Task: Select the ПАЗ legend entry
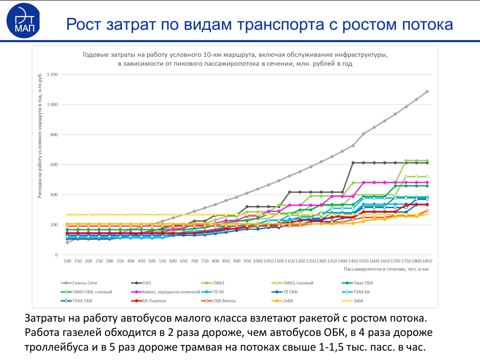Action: coord(147,283)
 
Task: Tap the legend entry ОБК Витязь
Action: coord(224,301)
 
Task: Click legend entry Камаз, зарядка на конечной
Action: coord(171,292)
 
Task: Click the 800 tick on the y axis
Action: coord(55,135)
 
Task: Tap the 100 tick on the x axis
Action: coord(67,261)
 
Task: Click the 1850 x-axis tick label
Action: coord(427,261)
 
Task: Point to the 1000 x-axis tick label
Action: coord(258,261)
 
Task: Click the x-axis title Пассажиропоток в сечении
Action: coord(386,269)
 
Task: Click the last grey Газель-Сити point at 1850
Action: coord(427,91)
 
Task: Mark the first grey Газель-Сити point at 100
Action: coord(67,242)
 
